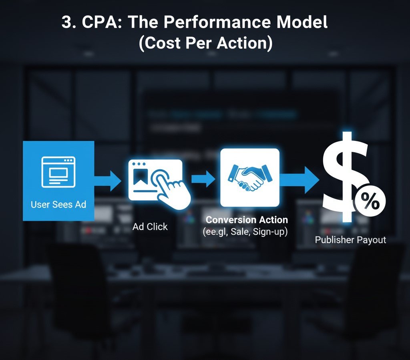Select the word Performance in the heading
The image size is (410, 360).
point(217,22)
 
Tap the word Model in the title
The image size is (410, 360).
point(302,22)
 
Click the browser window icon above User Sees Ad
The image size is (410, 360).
point(58,172)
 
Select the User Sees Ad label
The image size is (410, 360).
point(58,205)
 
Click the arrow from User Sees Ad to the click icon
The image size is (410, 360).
point(107,180)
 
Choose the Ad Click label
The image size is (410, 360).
point(150,227)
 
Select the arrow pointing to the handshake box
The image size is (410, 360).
point(203,179)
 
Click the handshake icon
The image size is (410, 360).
point(250,177)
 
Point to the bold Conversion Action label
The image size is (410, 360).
point(247,219)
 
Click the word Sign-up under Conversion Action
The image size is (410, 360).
point(270,231)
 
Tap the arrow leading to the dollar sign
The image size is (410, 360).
point(299,180)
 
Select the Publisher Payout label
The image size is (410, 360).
point(350,240)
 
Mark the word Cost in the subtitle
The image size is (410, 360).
point(162,43)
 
